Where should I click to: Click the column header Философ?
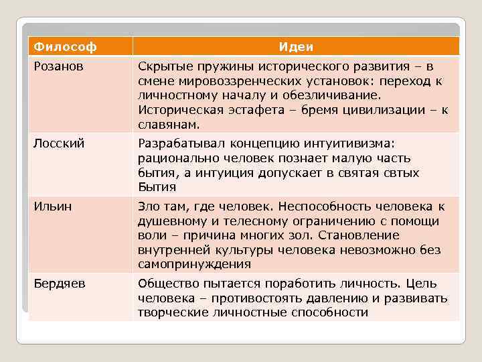tap(65, 47)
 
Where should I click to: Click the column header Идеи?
tap(296, 47)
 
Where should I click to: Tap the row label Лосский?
tap(56, 141)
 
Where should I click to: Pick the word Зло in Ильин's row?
tap(149, 206)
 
